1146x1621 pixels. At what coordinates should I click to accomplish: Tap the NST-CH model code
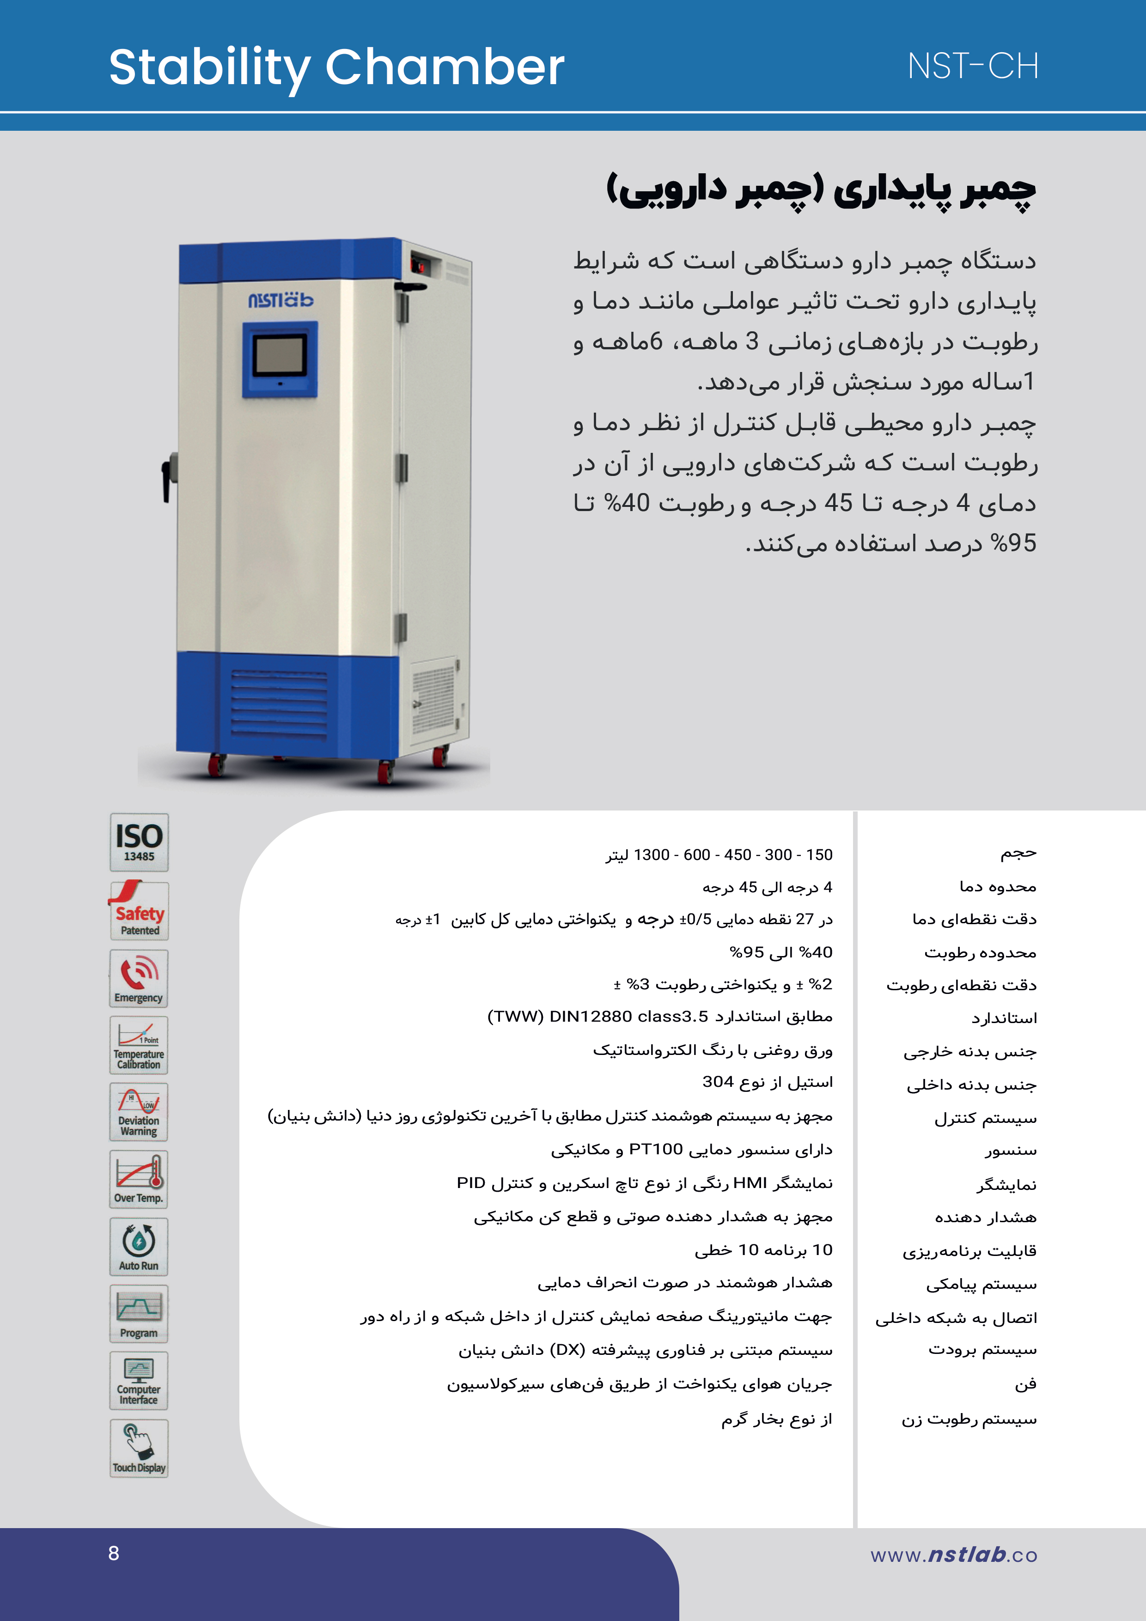[x=972, y=67]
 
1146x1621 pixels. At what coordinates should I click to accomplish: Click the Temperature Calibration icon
[x=139, y=1045]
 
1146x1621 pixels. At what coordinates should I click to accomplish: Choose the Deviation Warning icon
[x=139, y=1112]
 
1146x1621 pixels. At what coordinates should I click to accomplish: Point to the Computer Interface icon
[x=139, y=1380]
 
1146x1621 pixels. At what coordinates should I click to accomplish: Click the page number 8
[x=114, y=1553]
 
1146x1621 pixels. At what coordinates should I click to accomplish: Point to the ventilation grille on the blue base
[x=279, y=705]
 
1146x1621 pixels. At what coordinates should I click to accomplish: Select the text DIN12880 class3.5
[x=628, y=1017]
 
